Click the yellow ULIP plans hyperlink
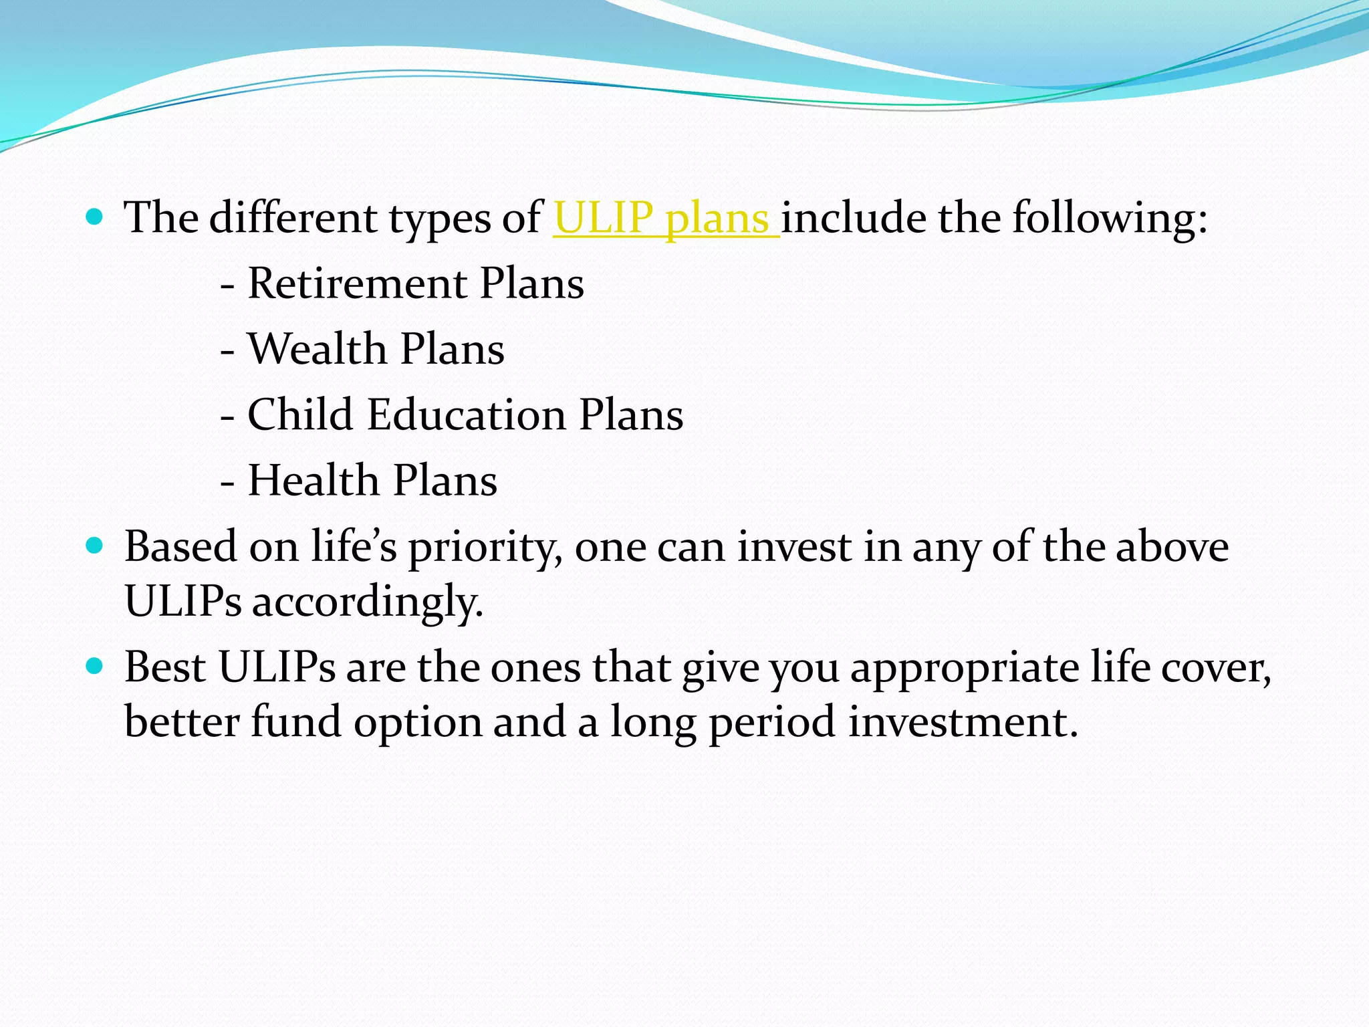pyautogui.click(x=666, y=219)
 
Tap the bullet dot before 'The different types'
pyautogui.click(x=95, y=217)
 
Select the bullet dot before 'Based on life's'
pyautogui.click(x=95, y=546)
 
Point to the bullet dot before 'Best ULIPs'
pyautogui.click(x=95, y=667)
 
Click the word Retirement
pyautogui.click(x=358, y=283)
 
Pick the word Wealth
pyautogui.click(x=318, y=349)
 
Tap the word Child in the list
pyautogui.click(x=300, y=415)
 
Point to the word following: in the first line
pyautogui.click(x=1110, y=219)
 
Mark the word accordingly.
pyautogui.click(x=367, y=602)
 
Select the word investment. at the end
pyautogui.click(x=963, y=722)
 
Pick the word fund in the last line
pyautogui.click(x=295, y=722)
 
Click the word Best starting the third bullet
pyautogui.click(x=164, y=667)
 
